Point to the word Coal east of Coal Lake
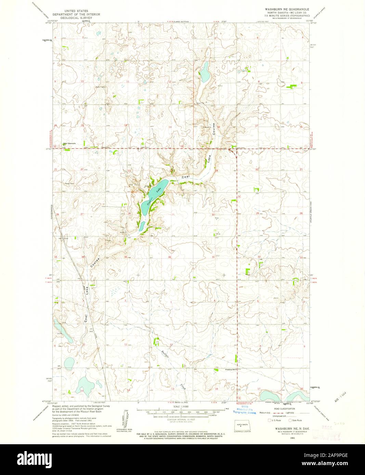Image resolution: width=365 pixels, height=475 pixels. [x=185, y=177]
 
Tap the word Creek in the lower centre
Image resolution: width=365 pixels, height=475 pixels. [x=183, y=387]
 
